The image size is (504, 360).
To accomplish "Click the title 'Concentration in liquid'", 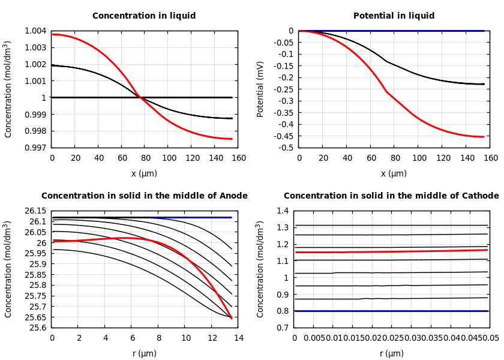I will click(x=144, y=16).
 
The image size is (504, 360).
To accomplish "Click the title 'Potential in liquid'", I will click(x=394, y=16).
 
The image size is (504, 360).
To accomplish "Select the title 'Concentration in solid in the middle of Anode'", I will click(x=144, y=196).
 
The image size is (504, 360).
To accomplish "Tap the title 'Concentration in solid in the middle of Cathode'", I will click(x=391, y=196).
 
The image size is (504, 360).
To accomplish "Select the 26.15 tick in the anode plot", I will click(x=34, y=211).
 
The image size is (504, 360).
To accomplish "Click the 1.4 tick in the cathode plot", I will click(x=283, y=211).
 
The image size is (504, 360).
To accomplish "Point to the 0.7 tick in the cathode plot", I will click(x=283, y=328).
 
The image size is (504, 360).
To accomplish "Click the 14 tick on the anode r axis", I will click(x=238, y=338).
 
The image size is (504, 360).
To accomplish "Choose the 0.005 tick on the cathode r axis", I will click(x=314, y=338).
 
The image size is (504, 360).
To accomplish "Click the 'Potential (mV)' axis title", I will click(x=260, y=89).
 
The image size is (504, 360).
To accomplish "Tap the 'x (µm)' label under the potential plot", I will click(x=394, y=174).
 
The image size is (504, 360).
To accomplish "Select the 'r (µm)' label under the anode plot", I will click(x=144, y=354).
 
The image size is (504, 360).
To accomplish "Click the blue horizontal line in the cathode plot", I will click(x=390, y=311).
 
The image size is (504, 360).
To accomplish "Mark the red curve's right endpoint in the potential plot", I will click(x=484, y=137).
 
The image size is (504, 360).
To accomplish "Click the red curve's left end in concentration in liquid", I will click(x=53, y=34).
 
